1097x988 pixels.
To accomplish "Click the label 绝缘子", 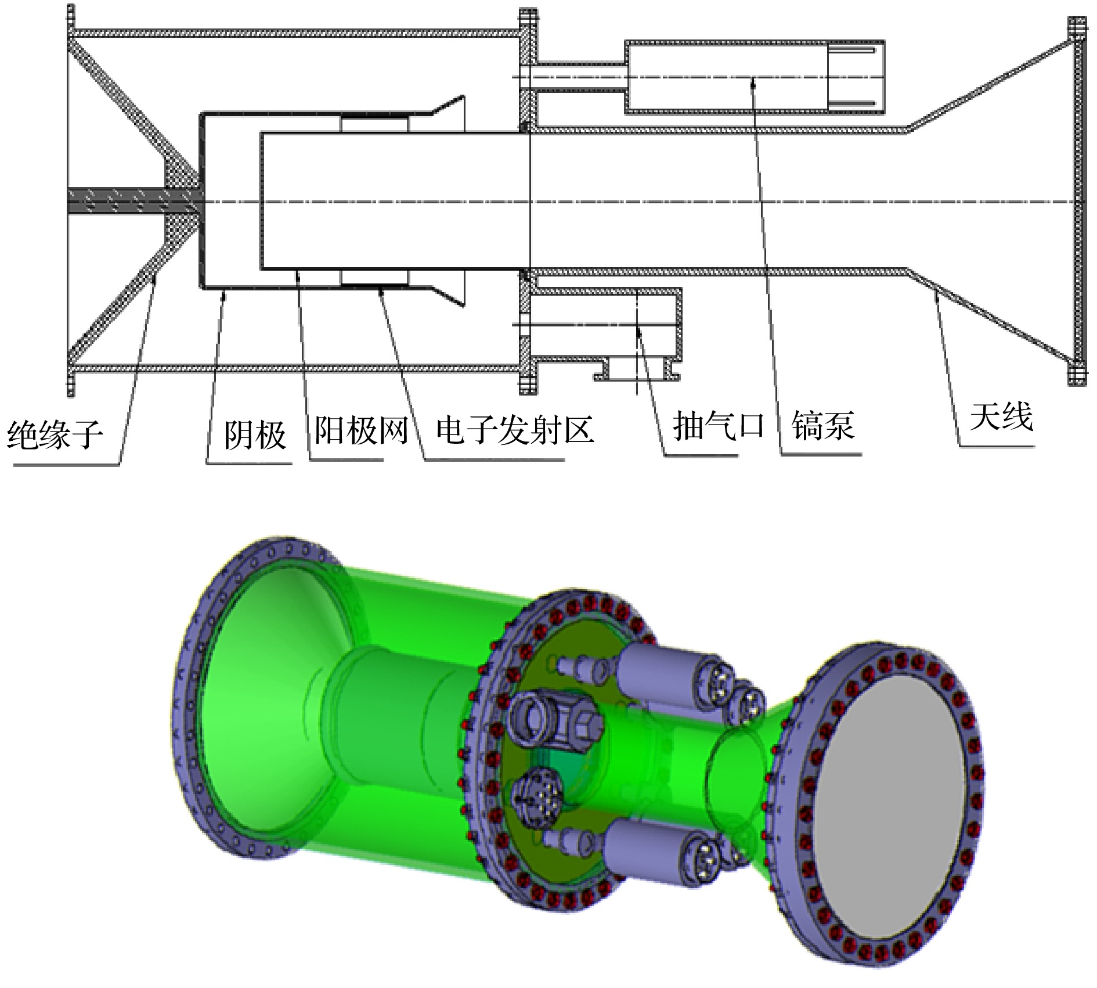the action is tap(55, 434).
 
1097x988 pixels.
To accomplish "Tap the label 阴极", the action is tap(255, 434).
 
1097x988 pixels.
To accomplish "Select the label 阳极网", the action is tap(361, 430).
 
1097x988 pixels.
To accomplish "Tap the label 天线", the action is tap(1001, 416).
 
